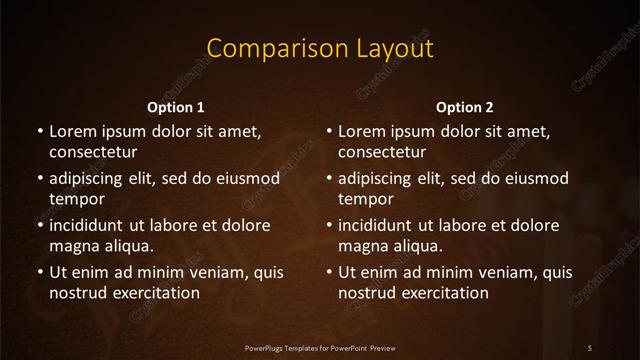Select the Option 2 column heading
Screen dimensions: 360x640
point(465,107)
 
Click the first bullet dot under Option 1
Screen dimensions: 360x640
point(39,132)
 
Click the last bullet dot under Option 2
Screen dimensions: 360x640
point(329,272)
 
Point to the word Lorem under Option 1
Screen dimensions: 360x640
point(73,131)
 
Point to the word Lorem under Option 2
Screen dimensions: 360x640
point(363,131)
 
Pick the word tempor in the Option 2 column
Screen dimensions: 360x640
point(366,199)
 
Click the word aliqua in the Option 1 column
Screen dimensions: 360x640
point(125,246)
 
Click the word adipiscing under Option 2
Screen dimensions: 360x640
point(378,178)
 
